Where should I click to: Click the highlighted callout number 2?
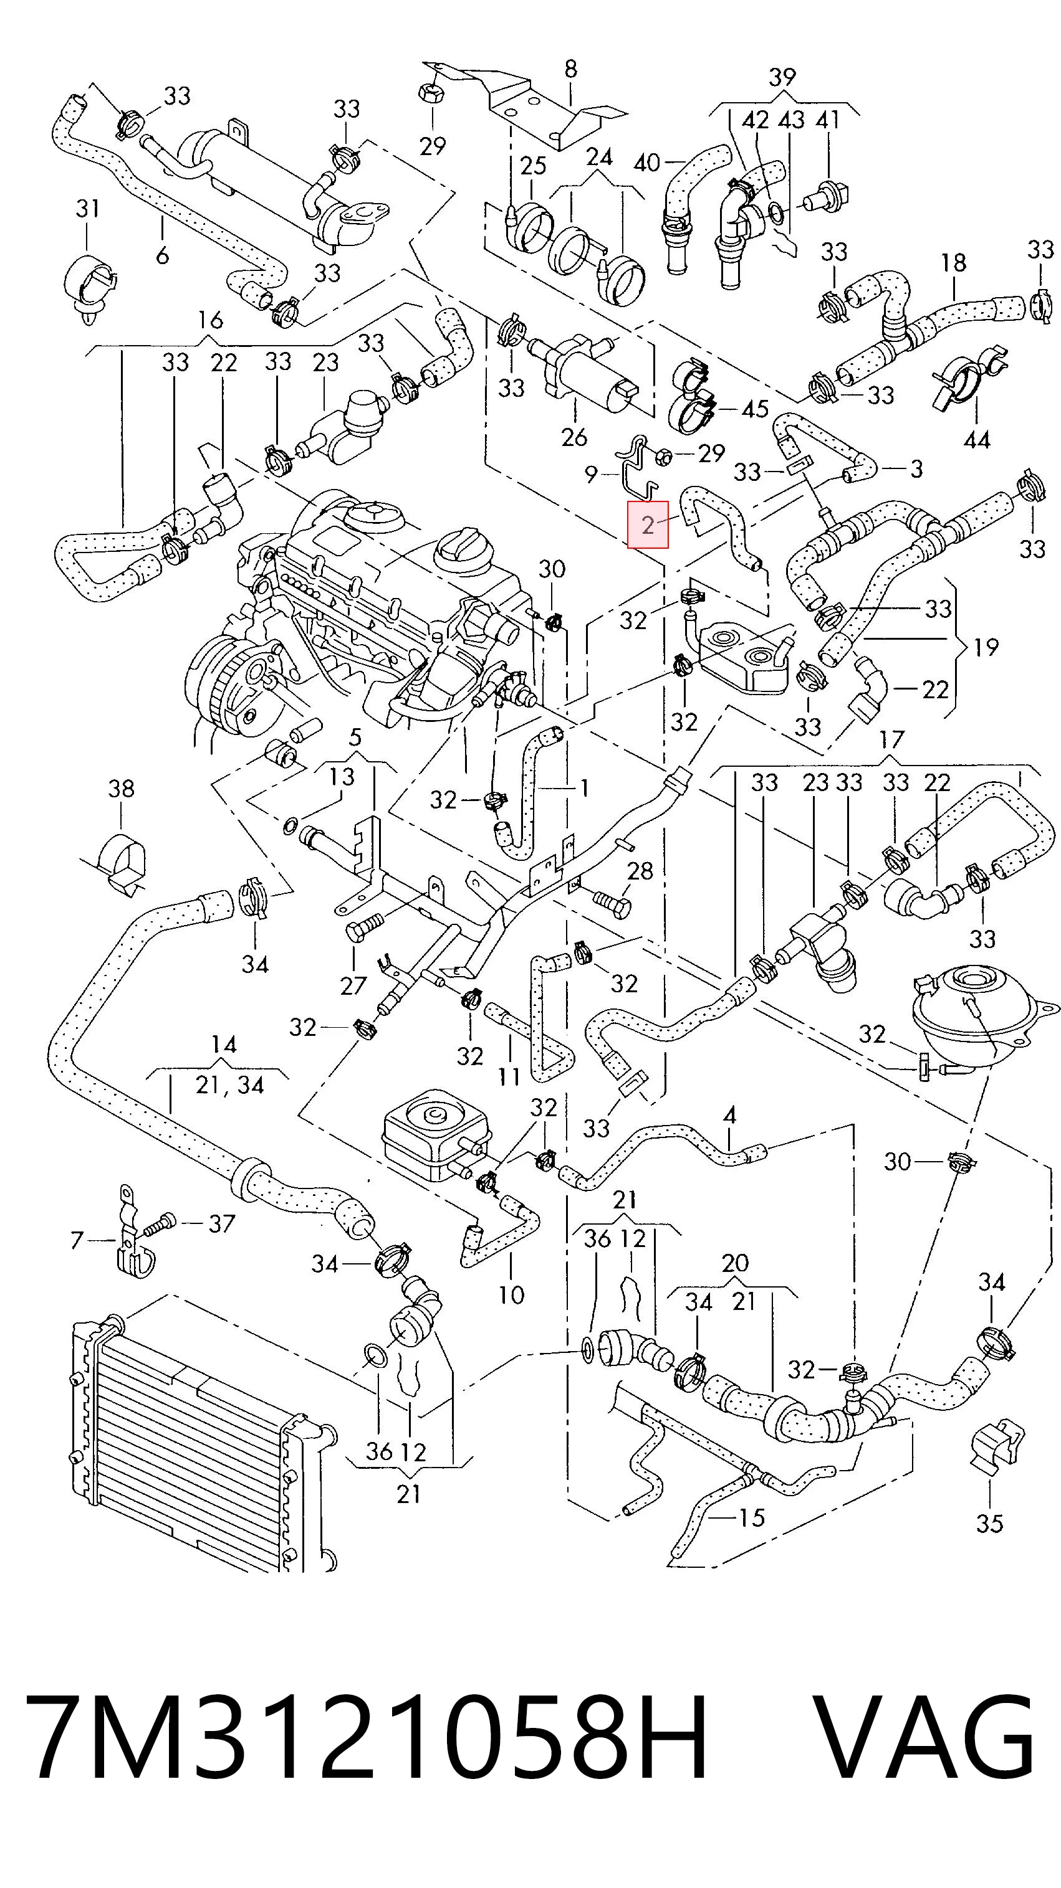[648, 524]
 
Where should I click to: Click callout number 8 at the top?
[570, 69]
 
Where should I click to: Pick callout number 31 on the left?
[87, 208]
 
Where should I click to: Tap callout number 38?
[121, 789]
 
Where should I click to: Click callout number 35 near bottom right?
[989, 1524]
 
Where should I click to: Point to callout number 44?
[977, 440]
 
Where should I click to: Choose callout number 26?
[574, 437]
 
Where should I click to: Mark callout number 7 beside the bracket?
[77, 1240]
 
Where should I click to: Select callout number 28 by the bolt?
[640, 871]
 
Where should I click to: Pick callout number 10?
[511, 1294]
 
